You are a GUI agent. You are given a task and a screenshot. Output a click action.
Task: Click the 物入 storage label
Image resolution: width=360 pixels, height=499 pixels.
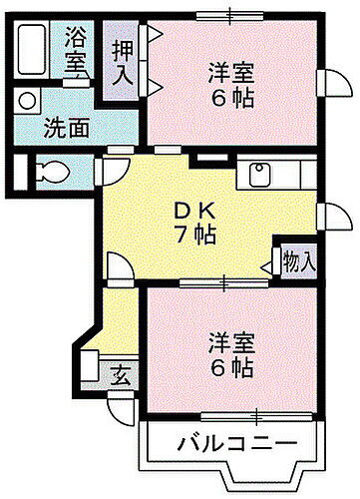click(299, 262)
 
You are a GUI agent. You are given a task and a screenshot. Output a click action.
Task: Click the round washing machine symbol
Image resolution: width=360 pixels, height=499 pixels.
click(25, 100)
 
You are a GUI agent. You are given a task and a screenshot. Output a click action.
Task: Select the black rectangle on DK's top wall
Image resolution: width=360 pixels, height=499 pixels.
click(208, 157)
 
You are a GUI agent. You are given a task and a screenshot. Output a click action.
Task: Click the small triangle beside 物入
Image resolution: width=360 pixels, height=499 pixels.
click(267, 264)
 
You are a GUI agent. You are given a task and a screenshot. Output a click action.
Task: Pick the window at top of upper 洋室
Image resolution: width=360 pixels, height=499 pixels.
click(230, 13)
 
